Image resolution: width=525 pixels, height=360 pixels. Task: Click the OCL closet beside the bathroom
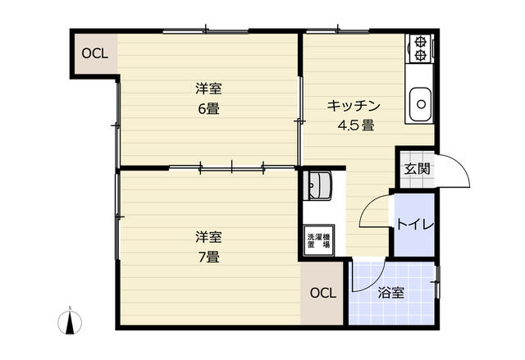323,293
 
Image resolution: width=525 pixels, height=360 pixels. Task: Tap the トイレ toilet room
414,224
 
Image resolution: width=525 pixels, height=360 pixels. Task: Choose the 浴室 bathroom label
390,292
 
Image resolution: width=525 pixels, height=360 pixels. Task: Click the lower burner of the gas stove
421,55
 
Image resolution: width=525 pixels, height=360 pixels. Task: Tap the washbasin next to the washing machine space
317,189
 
